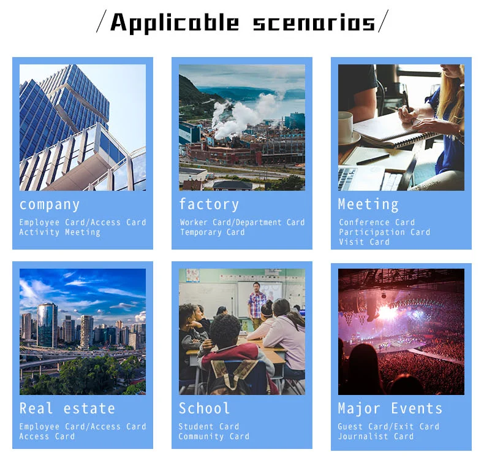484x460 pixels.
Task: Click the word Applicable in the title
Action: pos(175,23)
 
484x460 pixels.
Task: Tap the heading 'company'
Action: pos(50,205)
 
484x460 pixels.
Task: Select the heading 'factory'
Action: pos(209,204)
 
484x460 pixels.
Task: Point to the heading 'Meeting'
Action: pos(368,204)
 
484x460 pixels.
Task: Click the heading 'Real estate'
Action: pos(67,408)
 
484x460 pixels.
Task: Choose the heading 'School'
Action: pos(204,408)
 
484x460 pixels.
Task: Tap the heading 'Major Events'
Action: pos(390,408)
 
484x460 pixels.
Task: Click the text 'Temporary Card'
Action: pos(213,232)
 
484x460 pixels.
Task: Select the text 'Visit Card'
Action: pos(365,242)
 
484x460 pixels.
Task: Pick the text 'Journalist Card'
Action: pos(376,436)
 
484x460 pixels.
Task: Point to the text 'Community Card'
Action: pos(214,436)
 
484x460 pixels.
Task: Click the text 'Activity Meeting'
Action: pos(60,232)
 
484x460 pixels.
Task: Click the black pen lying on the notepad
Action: pos(373,159)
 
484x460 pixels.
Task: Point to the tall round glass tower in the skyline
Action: pos(47,325)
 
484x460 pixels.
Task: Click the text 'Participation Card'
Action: pos(384,232)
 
